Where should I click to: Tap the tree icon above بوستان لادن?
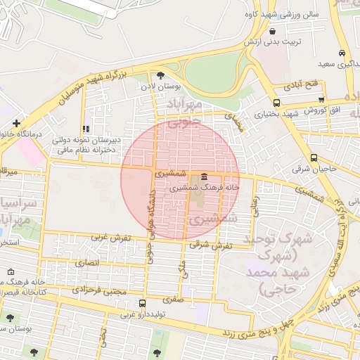(160, 75)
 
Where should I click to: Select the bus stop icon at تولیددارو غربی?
(143, 304)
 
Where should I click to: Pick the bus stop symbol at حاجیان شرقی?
(314, 158)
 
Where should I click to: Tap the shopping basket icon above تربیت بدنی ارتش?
(271, 31)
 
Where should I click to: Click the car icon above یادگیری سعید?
(341, 53)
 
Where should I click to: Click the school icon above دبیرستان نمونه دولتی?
(86, 129)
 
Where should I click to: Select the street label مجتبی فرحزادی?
(99, 289)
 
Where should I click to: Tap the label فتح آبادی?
(302, 85)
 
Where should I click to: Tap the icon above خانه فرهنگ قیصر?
(10, 272)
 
